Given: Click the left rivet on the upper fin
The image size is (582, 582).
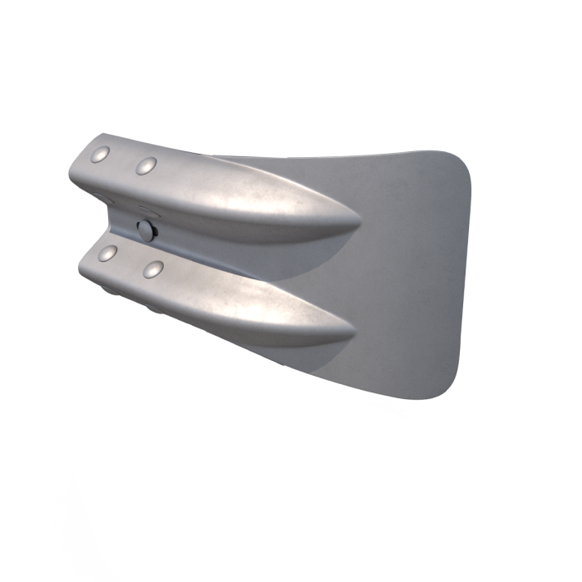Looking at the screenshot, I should pos(101,154).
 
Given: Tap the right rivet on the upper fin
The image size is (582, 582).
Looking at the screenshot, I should pos(146,165).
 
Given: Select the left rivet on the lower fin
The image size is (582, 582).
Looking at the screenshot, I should pos(107,252).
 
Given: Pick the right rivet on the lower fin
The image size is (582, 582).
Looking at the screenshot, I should pos(152,269).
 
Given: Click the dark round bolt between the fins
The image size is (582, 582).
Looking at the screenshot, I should pos(146,229).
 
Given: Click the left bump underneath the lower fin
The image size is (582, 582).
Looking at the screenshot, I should pos(109,290).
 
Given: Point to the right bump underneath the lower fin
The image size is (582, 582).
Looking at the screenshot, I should pos(155,308).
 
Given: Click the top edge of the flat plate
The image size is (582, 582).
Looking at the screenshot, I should pos(349,155).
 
